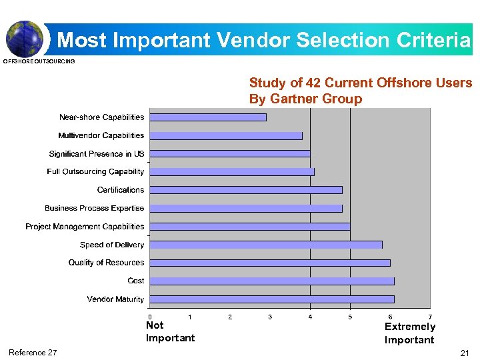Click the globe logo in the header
24,38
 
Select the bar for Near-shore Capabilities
207,117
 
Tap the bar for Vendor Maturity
272,299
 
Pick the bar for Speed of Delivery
265,245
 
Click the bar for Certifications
245,190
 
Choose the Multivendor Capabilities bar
225,135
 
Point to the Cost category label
136,281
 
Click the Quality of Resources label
106,263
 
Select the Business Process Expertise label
94,208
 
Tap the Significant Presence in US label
97,154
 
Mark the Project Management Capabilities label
85,227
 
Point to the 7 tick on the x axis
430,317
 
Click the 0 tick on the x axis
150,317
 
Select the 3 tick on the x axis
270,317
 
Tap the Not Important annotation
170,331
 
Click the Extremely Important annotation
409,333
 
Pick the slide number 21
465,353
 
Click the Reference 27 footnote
33,353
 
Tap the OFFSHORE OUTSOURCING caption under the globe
39,61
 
